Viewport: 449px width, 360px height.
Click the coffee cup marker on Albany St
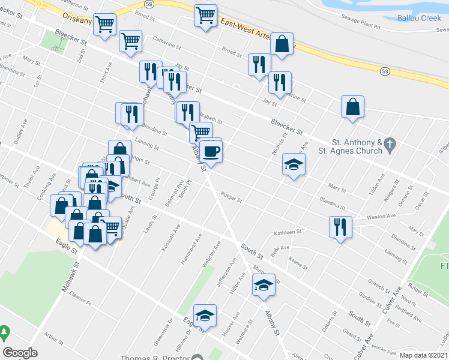click(x=211, y=151)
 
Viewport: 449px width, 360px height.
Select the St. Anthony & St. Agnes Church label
click(x=358, y=146)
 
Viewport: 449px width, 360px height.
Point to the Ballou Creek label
click(x=419, y=17)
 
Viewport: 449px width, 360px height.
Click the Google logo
click(x=20, y=353)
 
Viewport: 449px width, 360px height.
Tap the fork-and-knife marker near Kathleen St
click(x=340, y=227)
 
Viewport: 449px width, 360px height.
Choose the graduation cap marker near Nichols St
click(x=294, y=164)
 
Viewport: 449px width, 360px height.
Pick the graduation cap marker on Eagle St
click(x=205, y=316)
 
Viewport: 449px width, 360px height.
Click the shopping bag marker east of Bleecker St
click(x=352, y=107)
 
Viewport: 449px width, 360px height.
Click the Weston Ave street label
click(x=381, y=217)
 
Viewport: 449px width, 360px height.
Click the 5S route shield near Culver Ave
click(x=385, y=71)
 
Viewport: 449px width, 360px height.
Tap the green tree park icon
click(x=4, y=332)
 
